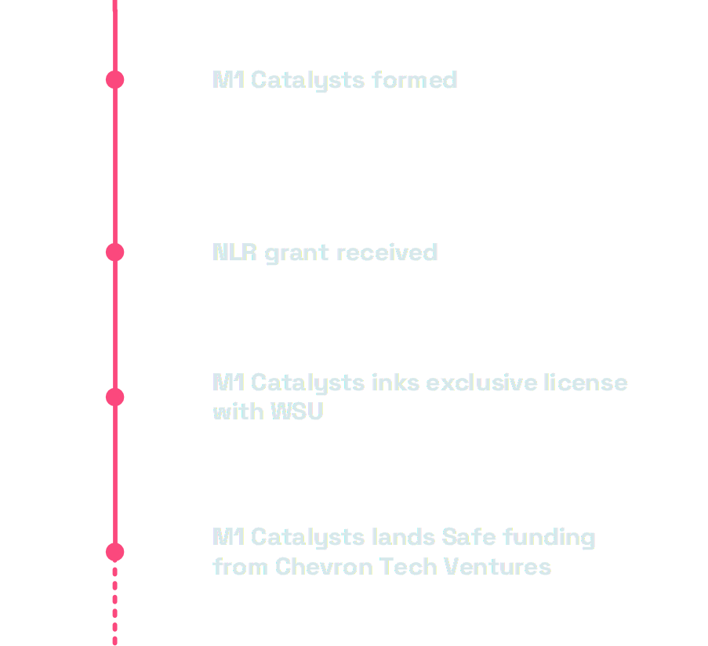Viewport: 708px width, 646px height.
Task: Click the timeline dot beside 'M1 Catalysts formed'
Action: [x=115, y=79]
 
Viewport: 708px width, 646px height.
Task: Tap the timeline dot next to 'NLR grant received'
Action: [x=115, y=252]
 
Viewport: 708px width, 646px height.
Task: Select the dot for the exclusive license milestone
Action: [x=115, y=397]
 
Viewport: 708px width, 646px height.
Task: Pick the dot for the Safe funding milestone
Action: [x=115, y=552]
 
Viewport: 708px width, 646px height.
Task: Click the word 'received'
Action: [x=387, y=252]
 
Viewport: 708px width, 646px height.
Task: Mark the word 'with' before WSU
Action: [x=238, y=411]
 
